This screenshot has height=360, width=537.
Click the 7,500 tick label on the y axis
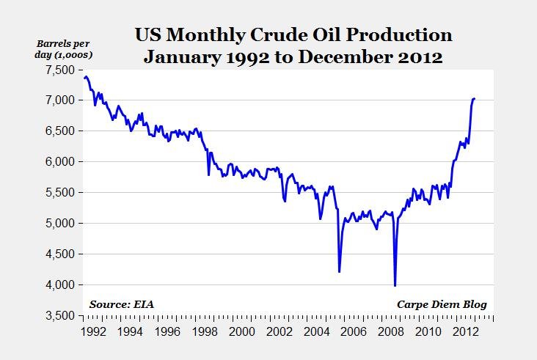pos(59,70)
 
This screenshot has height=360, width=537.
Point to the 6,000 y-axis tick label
pos(59,161)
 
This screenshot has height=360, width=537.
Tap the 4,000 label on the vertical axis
pos(59,284)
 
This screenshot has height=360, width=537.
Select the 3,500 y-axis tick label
pos(59,315)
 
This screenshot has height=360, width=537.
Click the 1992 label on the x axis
pos(92,331)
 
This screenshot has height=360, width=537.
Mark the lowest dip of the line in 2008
pos(395,285)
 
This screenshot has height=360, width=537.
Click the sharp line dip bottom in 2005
pos(339,271)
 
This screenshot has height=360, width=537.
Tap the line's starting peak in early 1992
pos(87,76)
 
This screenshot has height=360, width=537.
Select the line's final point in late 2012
pos(475,98)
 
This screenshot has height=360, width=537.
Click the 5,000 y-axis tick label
pos(59,223)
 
